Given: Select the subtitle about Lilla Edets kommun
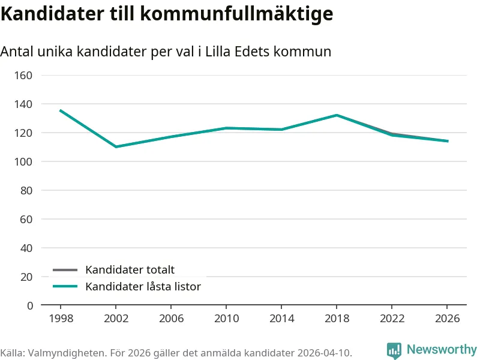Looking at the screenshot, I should pos(166,52).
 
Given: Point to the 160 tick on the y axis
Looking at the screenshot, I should pos(23,75).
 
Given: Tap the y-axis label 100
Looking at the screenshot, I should pos(23,161).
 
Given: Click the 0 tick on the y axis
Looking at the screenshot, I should pos(29,305).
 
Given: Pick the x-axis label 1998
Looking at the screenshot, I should pos(60,318).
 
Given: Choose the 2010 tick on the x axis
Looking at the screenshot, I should pos(227,318).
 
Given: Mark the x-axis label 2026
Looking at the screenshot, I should pos(448,318).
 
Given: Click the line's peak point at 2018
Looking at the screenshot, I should pos(337,115).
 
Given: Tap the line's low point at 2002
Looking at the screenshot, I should pos(116,146).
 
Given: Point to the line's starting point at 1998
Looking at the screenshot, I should pos(60,110).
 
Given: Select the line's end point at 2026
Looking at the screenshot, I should pos(448,141).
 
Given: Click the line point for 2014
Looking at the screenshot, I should pos(281,130).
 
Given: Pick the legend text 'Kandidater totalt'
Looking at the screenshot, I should pos(130,270).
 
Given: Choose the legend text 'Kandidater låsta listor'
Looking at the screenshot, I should pos(143,287).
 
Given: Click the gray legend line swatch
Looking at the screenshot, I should pos(65,270).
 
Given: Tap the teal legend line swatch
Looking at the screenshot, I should pos(65,287).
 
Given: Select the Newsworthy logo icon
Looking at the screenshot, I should pos(394,350).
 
